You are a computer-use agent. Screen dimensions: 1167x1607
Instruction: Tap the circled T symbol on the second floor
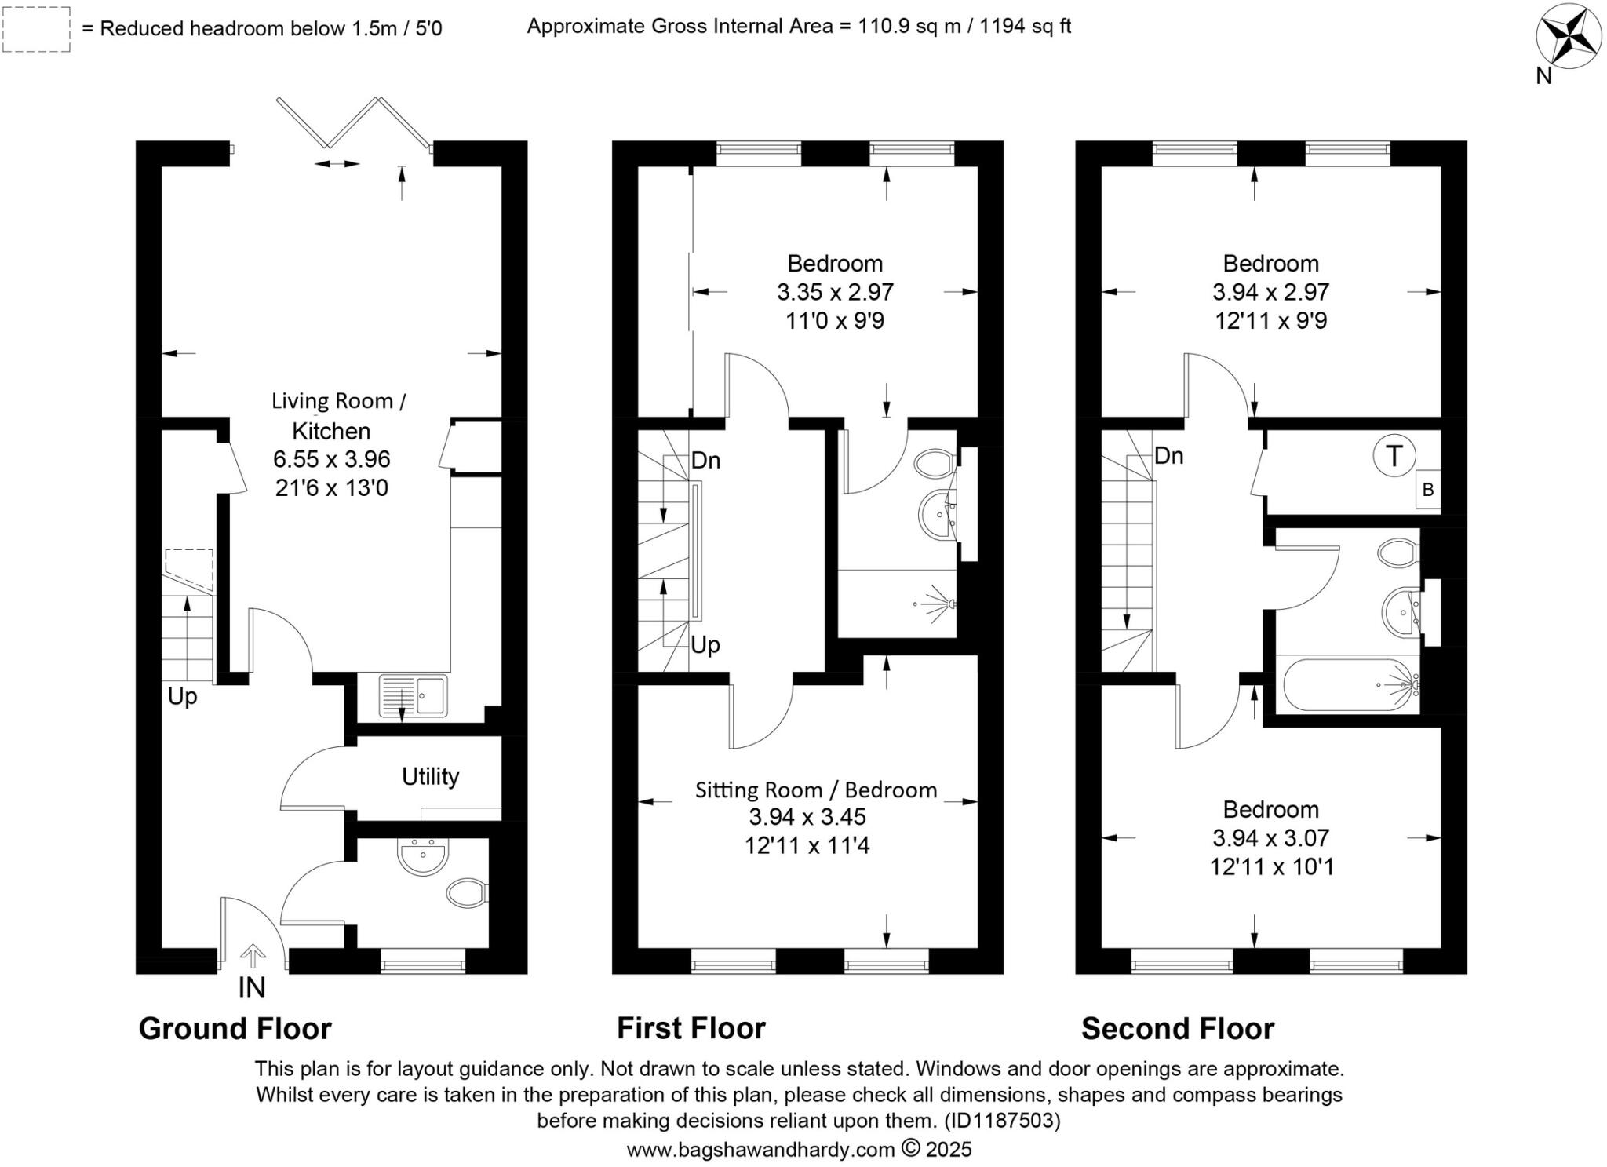point(1394,455)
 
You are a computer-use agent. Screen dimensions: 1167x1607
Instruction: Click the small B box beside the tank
point(1428,490)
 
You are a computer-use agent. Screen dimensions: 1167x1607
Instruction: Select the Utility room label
point(430,776)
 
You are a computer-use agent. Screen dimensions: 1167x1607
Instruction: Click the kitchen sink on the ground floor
point(413,695)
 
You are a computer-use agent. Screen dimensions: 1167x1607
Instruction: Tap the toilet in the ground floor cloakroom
point(468,893)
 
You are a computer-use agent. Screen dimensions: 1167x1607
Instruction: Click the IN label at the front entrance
point(252,987)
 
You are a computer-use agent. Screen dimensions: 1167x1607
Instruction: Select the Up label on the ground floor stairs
point(182,696)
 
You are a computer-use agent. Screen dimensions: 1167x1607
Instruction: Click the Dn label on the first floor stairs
point(705,460)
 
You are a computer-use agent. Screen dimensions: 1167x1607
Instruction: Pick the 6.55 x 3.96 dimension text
point(331,459)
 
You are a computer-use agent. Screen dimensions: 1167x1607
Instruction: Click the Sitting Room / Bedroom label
point(816,790)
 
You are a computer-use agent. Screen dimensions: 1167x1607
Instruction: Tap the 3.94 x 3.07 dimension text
point(1270,838)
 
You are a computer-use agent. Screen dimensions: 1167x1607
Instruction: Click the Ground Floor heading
point(235,1028)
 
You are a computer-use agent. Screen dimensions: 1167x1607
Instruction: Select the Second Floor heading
point(1177,1028)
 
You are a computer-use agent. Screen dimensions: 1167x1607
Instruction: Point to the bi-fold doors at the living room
point(353,122)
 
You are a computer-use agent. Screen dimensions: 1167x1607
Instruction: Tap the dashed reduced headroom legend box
point(36,30)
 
